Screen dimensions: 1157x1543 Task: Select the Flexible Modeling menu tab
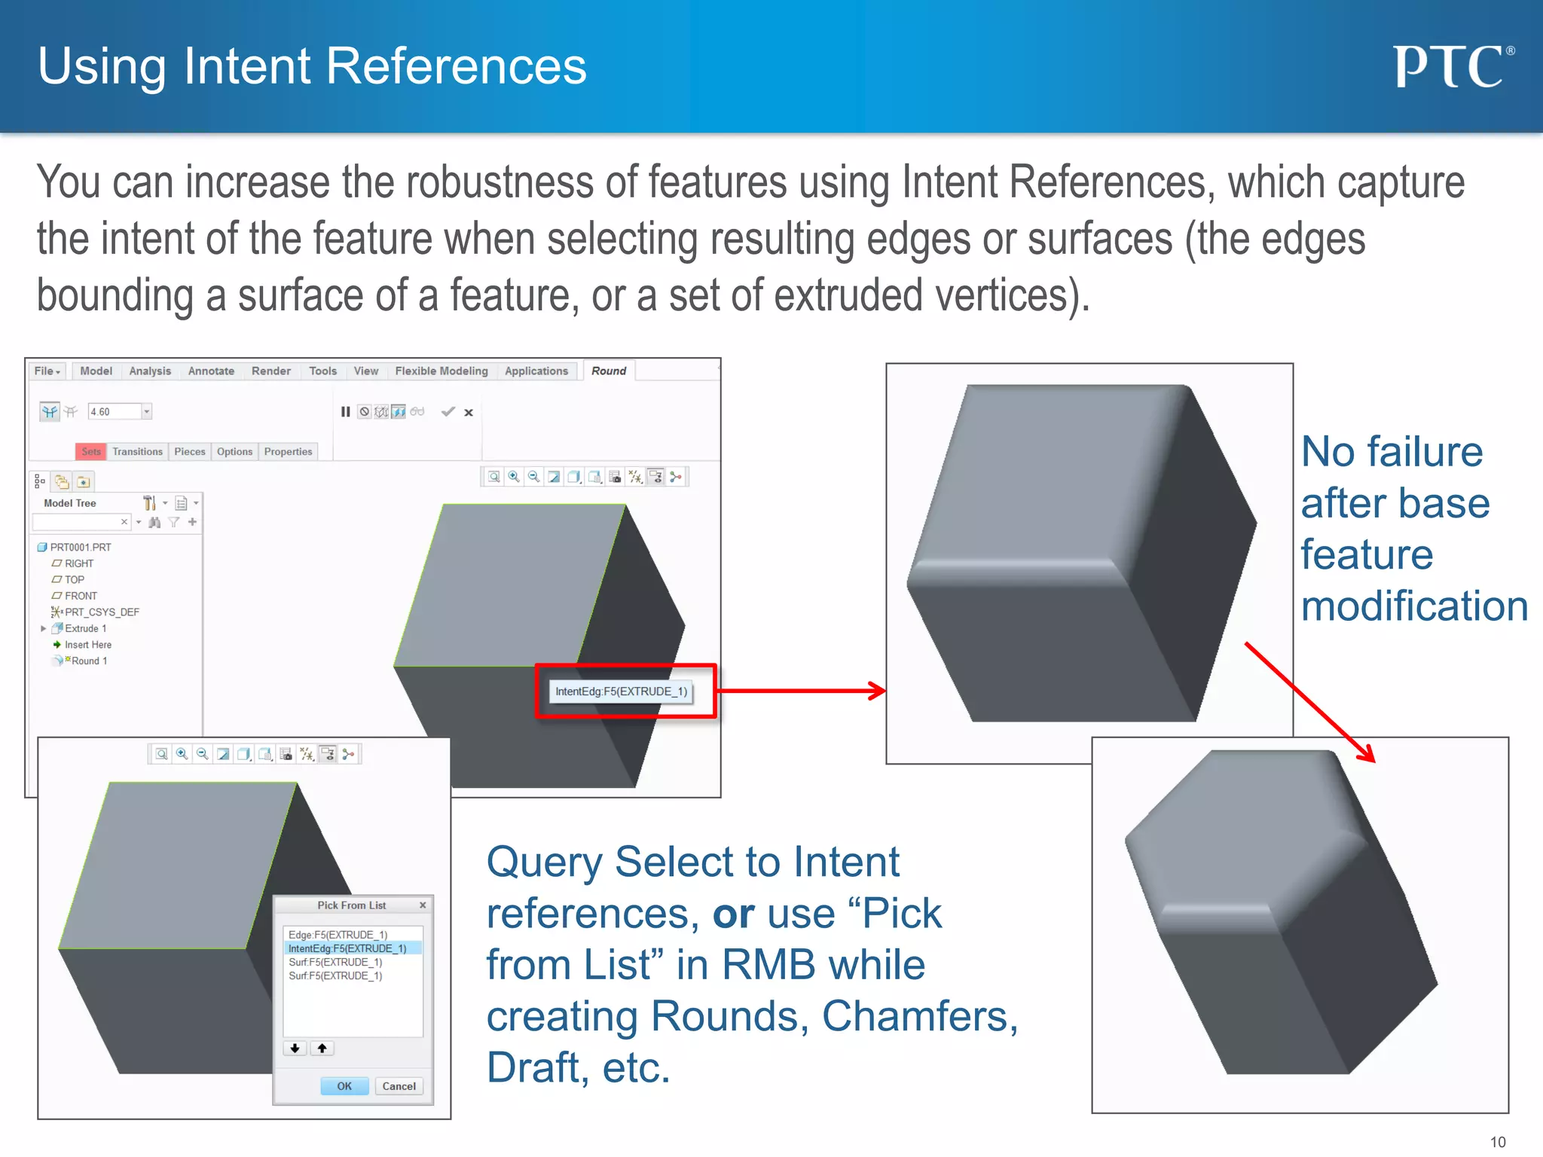click(442, 371)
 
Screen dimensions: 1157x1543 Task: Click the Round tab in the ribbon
click(609, 371)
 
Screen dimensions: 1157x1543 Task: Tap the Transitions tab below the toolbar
click(137, 452)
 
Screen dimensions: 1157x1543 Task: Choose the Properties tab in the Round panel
click(288, 452)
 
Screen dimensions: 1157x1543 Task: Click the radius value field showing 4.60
click(115, 412)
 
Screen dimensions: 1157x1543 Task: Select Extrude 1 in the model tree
click(85, 629)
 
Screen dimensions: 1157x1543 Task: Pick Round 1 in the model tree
click(89, 661)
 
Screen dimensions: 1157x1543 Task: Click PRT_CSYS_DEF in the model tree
click(102, 612)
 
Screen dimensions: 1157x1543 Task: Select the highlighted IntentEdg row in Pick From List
click(347, 949)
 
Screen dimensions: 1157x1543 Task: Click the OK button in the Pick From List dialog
click(344, 1086)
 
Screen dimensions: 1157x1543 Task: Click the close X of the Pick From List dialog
click(423, 905)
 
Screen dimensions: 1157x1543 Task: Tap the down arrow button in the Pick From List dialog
click(295, 1049)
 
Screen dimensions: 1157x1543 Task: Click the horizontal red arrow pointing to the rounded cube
click(799, 691)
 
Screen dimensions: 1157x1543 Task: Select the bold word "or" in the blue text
click(733, 914)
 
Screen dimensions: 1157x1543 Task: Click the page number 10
click(1498, 1142)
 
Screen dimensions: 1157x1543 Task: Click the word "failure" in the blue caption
click(1425, 452)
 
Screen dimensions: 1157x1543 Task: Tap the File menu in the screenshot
click(47, 371)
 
